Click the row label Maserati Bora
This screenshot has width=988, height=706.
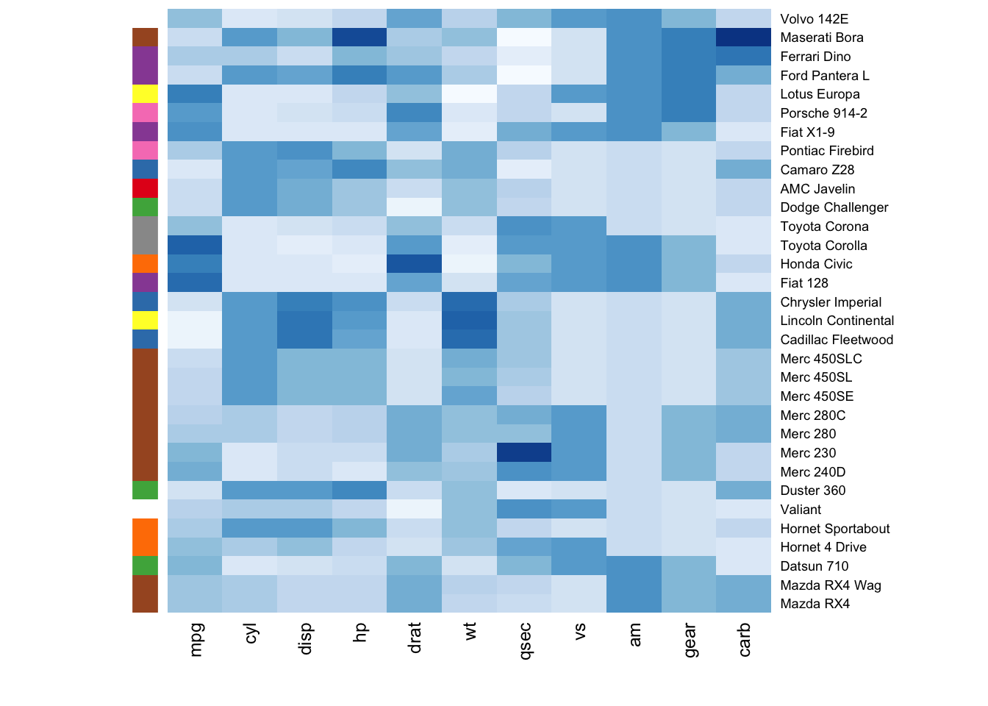tap(821, 38)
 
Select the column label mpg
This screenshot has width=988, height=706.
tap(196, 639)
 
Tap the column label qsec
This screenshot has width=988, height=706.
tap(525, 641)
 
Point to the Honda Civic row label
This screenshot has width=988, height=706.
tap(816, 264)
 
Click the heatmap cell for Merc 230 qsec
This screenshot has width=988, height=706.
tap(524, 452)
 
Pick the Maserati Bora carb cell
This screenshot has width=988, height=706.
tap(743, 38)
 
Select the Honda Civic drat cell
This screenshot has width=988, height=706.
tap(415, 264)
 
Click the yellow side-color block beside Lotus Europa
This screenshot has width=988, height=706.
tap(145, 94)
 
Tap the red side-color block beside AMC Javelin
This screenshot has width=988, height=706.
tap(145, 188)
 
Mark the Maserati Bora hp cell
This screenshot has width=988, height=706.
tap(359, 38)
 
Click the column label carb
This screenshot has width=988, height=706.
tap(744, 639)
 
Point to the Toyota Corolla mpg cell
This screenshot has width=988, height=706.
tap(195, 245)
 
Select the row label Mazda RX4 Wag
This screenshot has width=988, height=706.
tap(830, 585)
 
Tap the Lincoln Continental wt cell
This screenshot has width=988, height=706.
tap(469, 321)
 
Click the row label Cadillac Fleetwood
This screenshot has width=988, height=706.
tap(837, 340)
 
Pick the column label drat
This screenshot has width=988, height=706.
tap(415, 638)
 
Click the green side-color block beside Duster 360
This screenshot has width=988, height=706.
tap(145, 490)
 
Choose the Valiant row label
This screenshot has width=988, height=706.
tap(801, 510)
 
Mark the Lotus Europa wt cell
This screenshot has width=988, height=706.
tap(469, 94)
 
